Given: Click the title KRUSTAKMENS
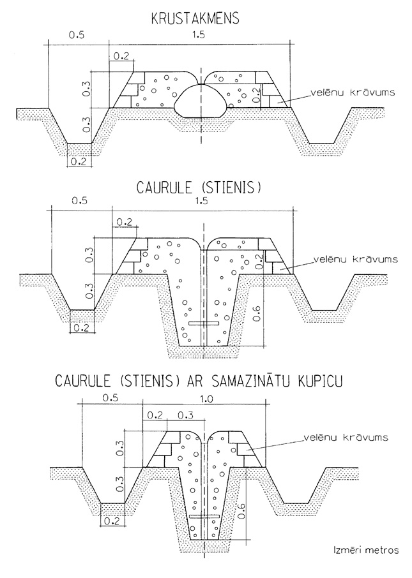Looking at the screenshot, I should tap(195, 19).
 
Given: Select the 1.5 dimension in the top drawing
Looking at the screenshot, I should tap(200, 37).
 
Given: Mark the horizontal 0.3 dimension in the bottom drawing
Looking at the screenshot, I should tap(185, 415).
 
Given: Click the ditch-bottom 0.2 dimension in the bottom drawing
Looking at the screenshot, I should tap(112, 521).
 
